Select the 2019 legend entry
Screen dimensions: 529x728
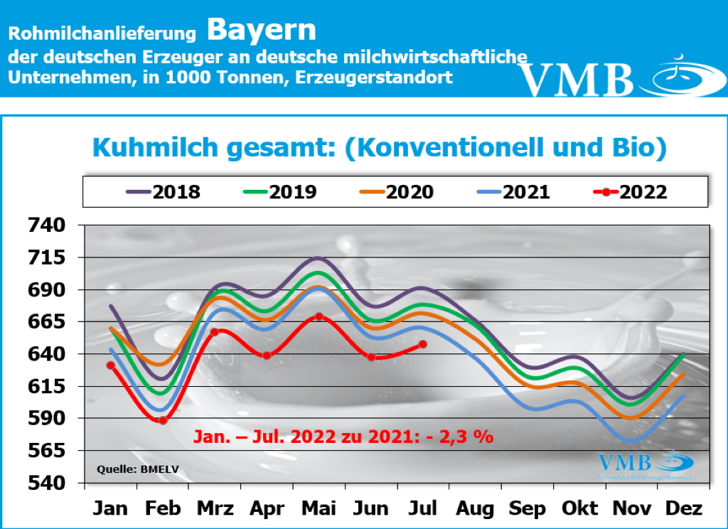click(x=281, y=192)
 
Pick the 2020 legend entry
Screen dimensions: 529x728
click(x=397, y=192)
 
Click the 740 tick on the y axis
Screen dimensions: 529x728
click(x=45, y=226)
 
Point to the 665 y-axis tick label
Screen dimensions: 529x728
click(x=45, y=322)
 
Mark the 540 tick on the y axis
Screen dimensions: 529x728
click(x=45, y=483)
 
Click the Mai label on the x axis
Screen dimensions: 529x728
click(x=319, y=508)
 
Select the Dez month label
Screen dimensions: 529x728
click(x=685, y=508)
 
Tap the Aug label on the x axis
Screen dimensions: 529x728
click(x=476, y=508)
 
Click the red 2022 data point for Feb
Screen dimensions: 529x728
click(x=163, y=420)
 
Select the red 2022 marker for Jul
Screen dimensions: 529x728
click(x=423, y=344)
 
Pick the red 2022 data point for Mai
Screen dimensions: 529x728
click(x=319, y=316)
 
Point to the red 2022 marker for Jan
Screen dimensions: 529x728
click(x=111, y=365)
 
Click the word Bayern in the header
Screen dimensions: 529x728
click(x=262, y=30)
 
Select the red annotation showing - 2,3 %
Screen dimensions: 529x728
click(x=343, y=437)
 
